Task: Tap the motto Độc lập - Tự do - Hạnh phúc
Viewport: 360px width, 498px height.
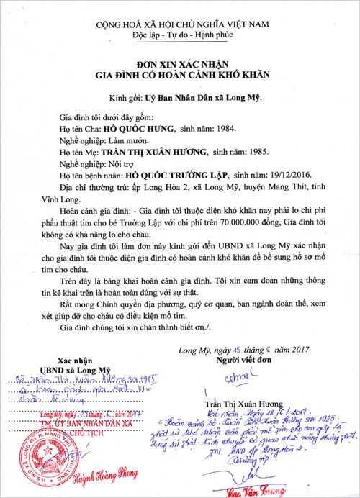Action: (180, 36)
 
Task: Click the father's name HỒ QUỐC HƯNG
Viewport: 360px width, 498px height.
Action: (140, 129)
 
